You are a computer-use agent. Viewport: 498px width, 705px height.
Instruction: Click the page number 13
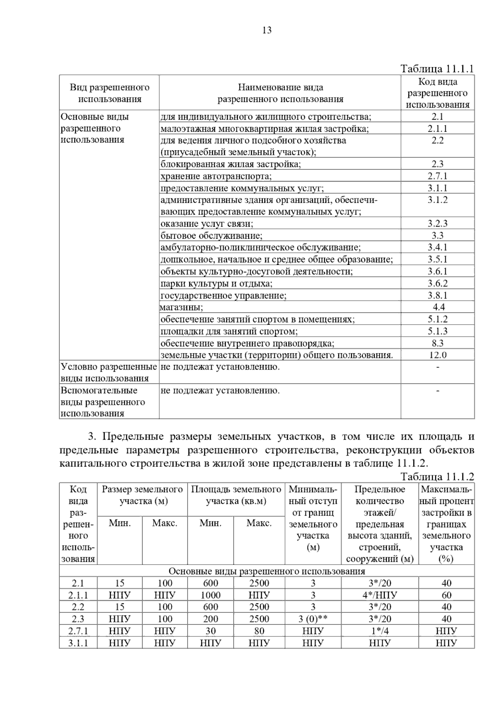(x=267, y=30)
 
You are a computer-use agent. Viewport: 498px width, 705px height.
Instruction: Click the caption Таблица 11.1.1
(x=437, y=69)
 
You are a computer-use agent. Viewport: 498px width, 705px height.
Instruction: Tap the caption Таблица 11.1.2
(x=437, y=477)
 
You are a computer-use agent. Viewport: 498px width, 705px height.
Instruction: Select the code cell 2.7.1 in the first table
(x=437, y=176)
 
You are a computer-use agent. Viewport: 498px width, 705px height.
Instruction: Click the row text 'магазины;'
(x=181, y=308)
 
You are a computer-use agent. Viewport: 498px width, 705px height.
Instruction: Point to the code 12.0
(x=437, y=355)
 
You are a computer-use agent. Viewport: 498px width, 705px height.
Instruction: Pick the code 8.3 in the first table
(x=437, y=343)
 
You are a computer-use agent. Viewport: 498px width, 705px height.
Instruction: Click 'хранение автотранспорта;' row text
(x=216, y=176)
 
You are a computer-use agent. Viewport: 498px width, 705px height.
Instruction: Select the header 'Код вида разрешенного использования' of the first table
(x=437, y=93)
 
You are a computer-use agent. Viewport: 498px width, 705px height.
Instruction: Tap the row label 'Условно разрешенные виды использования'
(x=109, y=372)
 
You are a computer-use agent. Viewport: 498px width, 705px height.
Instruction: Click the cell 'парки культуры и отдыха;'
(x=216, y=284)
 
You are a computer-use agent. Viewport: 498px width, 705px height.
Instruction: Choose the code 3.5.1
(x=437, y=259)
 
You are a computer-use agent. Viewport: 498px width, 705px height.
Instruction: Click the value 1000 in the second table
(x=210, y=595)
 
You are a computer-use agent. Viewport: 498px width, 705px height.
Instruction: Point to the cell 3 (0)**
(x=313, y=619)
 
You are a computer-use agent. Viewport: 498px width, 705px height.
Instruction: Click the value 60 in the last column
(x=446, y=595)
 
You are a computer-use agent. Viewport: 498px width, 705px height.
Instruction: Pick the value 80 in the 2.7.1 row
(x=259, y=631)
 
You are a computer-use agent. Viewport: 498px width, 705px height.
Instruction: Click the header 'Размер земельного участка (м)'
(x=142, y=495)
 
